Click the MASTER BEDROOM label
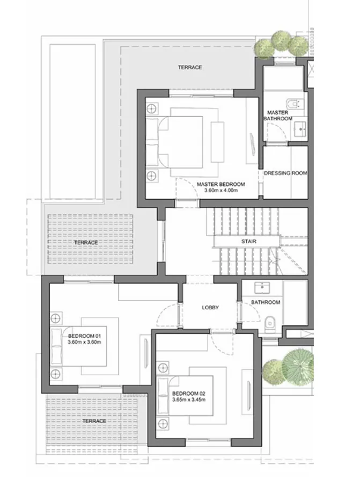[x=221, y=184]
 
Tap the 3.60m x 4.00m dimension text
[x=221, y=191]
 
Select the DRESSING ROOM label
[x=285, y=173]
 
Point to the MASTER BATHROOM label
[x=278, y=115]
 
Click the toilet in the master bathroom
[x=294, y=103]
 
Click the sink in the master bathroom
[x=299, y=128]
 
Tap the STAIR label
[x=248, y=242]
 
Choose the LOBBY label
[x=210, y=308]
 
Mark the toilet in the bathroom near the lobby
[x=270, y=322]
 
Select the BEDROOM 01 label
[x=84, y=336]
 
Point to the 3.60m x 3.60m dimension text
[x=84, y=342]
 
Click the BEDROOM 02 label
[x=189, y=393]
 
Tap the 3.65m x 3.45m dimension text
[x=189, y=399]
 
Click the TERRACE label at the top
[x=190, y=68]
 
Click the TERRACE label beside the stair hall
[x=86, y=243]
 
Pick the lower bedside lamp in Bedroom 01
[x=55, y=373]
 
